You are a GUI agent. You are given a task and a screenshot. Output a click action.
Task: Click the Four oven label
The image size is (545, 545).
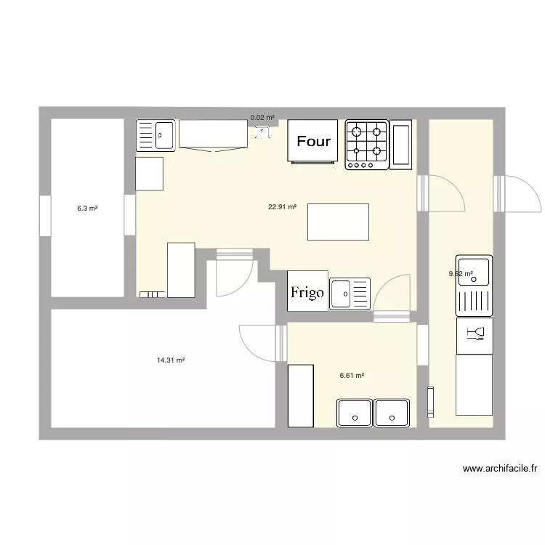tap(314, 142)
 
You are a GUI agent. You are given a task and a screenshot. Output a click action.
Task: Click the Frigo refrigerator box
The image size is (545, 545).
tap(307, 292)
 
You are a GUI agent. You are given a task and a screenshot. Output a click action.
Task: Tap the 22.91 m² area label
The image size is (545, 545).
tap(282, 206)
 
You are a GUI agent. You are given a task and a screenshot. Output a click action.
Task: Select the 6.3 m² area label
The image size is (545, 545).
tap(87, 208)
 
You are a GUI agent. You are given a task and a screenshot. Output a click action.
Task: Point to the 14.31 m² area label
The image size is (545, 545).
tap(171, 360)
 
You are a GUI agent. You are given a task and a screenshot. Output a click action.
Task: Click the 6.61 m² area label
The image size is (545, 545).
tap(352, 376)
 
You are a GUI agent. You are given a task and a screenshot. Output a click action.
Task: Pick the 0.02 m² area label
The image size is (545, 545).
tap(262, 117)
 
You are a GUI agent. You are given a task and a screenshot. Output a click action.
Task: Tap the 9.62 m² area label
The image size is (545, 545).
tap(461, 274)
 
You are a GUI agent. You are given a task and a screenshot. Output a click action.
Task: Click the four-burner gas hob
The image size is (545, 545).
tap(366, 144)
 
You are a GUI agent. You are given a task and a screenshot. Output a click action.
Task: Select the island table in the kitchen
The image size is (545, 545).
tap(338, 222)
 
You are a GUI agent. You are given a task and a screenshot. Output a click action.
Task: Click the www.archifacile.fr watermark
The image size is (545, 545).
tap(499, 469)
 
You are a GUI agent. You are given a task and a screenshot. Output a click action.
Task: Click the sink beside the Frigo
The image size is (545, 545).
tap(350, 294)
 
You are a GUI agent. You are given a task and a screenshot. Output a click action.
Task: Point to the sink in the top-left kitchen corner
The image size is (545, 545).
tap(156, 135)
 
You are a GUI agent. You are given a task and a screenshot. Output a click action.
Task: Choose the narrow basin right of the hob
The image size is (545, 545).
tap(401, 145)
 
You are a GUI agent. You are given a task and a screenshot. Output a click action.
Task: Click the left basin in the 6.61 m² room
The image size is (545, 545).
tap(354, 412)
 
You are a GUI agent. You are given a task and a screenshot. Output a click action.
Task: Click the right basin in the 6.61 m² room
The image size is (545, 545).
tap(391, 412)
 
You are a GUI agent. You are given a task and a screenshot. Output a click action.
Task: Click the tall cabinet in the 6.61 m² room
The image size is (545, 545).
tap(300, 395)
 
